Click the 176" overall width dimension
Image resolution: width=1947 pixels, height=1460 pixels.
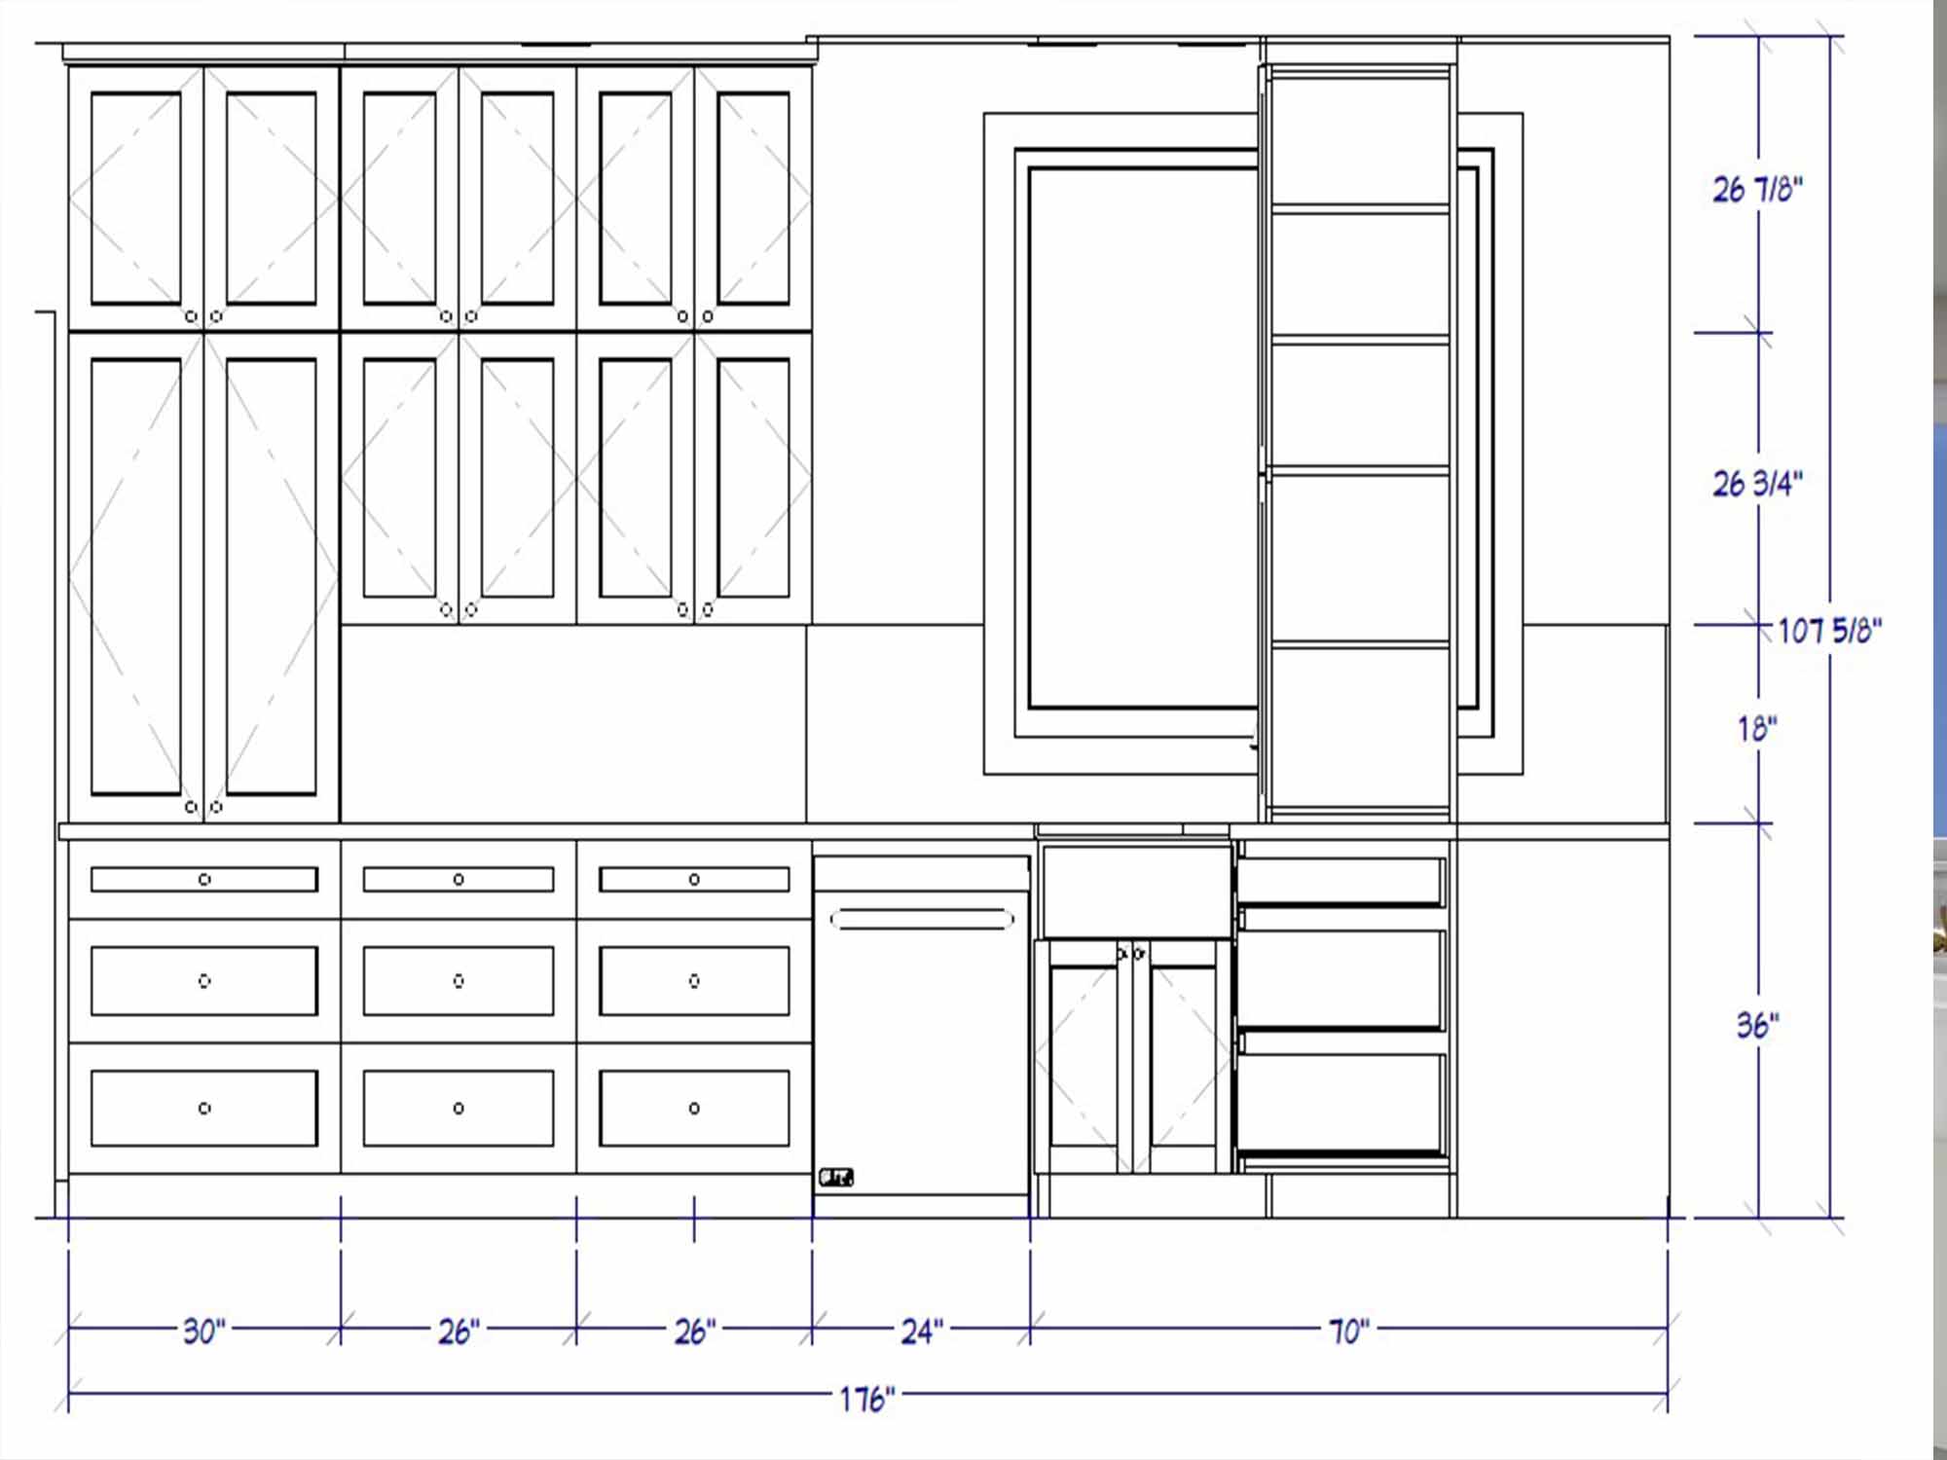coord(866,1399)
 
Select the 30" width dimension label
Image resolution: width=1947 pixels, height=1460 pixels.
coord(204,1331)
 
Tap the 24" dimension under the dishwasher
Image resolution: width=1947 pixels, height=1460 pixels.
coord(922,1331)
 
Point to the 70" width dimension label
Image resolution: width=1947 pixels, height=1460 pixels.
coord(1349,1331)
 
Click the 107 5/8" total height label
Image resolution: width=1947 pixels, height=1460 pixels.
coord(1830,631)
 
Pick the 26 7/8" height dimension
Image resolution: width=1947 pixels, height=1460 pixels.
coord(1758,189)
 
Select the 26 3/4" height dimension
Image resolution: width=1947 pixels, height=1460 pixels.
coord(1758,483)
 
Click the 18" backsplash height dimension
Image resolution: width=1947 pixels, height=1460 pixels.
coord(1758,728)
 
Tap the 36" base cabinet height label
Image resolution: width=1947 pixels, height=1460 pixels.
coord(1758,1024)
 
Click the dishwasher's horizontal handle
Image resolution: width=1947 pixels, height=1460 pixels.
coord(922,919)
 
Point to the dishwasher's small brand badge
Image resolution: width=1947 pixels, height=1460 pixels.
coord(836,1178)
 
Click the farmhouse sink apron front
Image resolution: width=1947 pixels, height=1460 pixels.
coord(1137,892)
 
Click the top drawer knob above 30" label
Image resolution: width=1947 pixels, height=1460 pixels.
coord(204,880)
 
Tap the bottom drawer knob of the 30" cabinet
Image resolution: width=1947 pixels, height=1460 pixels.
coord(204,1108)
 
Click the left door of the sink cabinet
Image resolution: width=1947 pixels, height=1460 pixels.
coord(1084,1056)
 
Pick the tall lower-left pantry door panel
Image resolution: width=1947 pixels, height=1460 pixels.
coord(136,577)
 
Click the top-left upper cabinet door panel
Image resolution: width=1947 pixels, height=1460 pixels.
coord(136,199)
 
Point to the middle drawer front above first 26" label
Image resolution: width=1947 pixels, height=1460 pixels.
coord(459,981)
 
